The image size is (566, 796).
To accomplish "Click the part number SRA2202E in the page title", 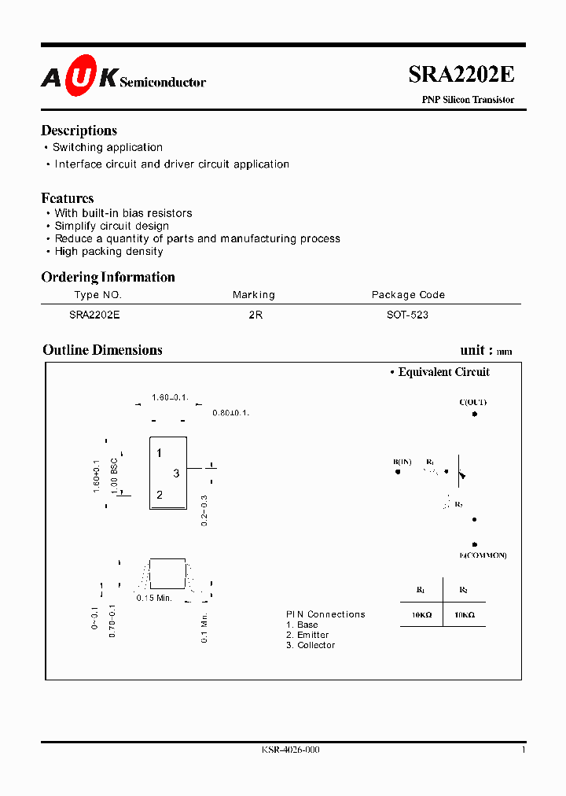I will (461, 75).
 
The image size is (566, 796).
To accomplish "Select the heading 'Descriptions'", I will (79, 131).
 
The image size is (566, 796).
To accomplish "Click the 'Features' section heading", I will (68, 198).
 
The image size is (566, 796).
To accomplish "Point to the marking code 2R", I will (255, 314).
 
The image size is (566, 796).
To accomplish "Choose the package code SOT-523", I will (408, 314).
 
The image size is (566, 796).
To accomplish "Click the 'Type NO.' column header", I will (97, 295).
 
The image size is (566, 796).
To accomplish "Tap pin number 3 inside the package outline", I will (176, 473).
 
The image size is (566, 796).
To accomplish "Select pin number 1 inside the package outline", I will (159, 453).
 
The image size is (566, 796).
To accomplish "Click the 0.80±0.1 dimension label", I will (230, 413).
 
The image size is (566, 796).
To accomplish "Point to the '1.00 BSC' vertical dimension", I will (115, 475).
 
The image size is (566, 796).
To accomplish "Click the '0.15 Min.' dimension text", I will (154, 599).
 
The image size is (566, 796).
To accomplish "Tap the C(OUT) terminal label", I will (473, 402).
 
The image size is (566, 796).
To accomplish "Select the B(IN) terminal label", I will (402, 462).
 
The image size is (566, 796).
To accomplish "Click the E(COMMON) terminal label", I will (483, 555).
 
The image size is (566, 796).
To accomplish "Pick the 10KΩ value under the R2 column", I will (465, 615).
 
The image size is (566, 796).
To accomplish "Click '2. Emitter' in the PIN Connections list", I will (307, 635).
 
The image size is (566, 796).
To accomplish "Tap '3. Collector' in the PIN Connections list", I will (311, 645).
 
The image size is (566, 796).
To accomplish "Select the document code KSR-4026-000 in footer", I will (290, 750).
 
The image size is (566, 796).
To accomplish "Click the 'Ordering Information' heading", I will (108, 277).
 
